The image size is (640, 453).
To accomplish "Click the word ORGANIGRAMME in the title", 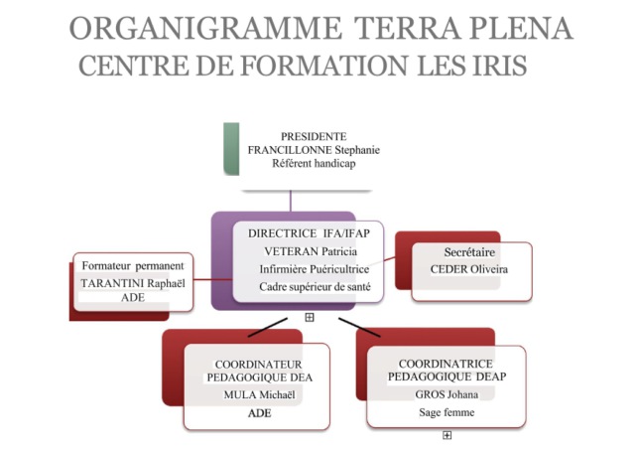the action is (x=205, y=29).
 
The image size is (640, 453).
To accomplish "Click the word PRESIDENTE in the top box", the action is (x=314, y=136).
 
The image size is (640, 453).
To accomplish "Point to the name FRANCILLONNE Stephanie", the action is (x=314, y=150).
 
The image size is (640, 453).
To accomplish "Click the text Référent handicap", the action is (x=314, y=163).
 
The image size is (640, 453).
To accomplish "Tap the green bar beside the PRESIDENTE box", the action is (x=231, y=149).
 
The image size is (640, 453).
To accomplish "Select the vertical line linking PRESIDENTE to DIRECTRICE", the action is (x=291, y=201).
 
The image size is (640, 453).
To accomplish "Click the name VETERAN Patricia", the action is (x=311, y=251).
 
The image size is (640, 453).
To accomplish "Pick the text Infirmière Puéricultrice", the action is (x=315, y=269).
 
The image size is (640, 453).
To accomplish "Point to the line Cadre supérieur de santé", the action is (x=315, y=287).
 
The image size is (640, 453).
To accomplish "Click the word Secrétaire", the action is (x=469, y=252).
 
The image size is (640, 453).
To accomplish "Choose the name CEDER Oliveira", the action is (x=469, y=269).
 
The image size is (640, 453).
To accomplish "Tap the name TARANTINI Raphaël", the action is (x=133, y=283).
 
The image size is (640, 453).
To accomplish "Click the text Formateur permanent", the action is (x=133, y=266).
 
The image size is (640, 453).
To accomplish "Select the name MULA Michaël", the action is (x=259, y=395).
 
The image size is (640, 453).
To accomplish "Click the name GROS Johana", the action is (x=447, y=394).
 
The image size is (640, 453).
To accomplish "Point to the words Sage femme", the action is (x=447, y=412).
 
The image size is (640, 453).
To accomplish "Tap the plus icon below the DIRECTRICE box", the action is (x=310, y=317).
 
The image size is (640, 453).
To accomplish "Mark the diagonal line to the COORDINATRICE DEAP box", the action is (x=359, y=327).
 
